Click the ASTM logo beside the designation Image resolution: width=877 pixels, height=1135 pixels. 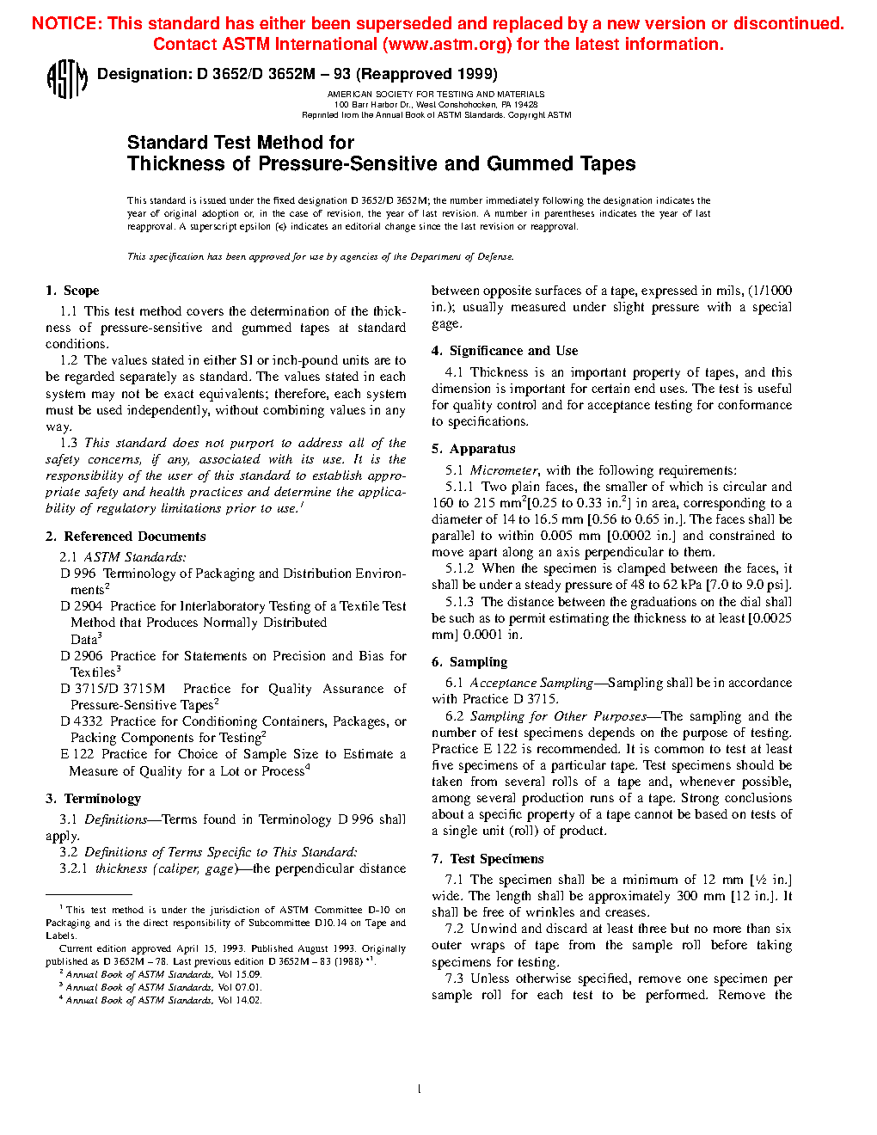pos(66,79)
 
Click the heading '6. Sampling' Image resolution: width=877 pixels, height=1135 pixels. pos(469,662)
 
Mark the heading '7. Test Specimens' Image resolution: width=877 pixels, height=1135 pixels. pos(488,859)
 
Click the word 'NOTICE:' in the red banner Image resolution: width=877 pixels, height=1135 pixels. pos(66,24)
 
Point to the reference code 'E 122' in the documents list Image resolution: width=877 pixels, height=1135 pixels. pos(77,754)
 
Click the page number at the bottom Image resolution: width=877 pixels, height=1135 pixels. pos(419,1089)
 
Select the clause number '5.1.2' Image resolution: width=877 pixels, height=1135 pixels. pos(459,568)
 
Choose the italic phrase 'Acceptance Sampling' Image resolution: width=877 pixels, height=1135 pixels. pos(531,683)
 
